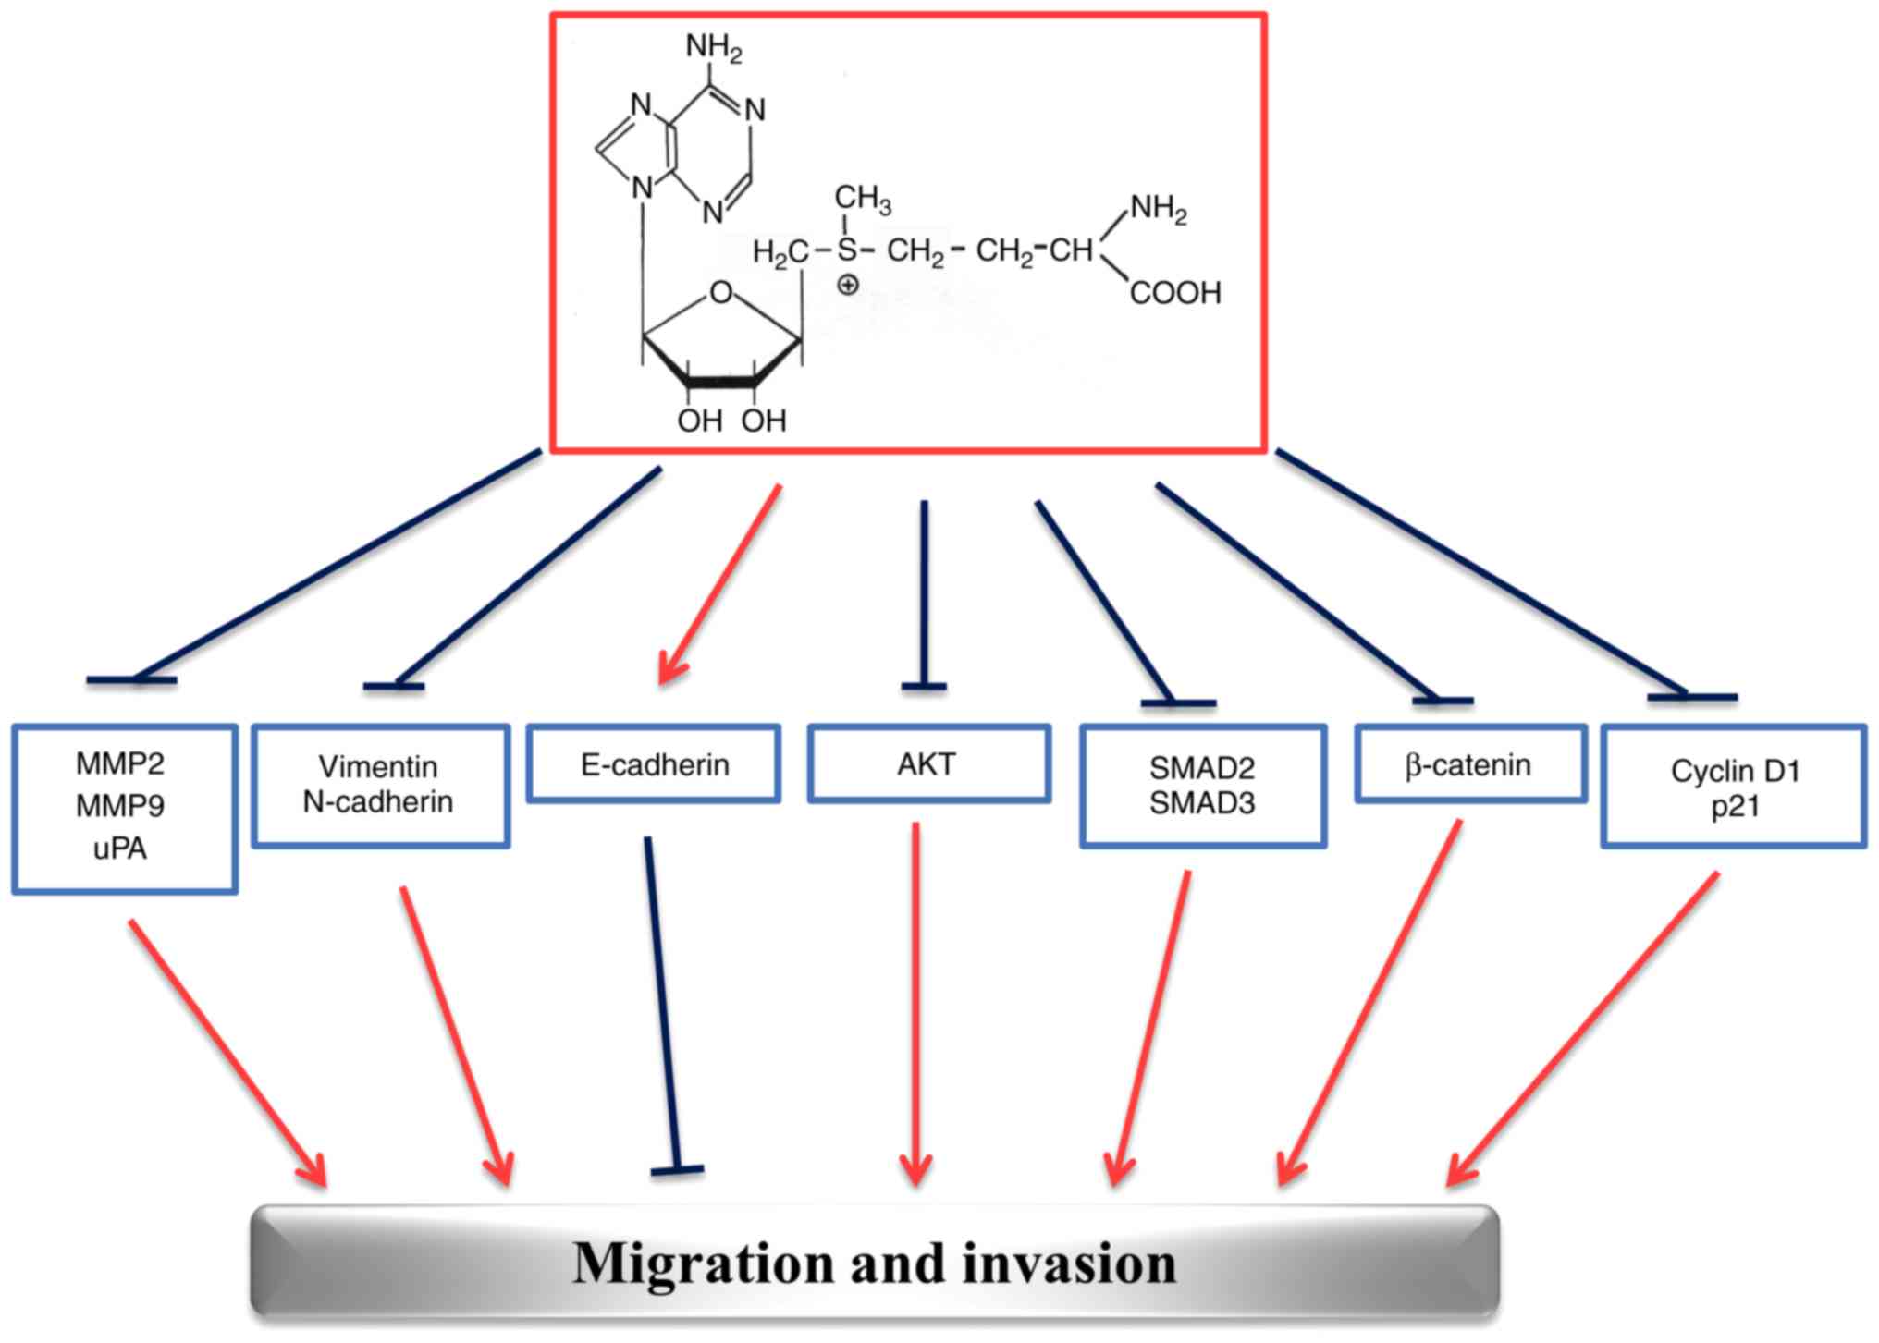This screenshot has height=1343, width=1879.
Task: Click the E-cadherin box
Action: click(654, 764)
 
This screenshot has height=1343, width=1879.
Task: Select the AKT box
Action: click(927, 764)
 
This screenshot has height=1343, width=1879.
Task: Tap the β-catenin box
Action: click(1468, 764)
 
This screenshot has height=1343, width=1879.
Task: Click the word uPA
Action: click(120, 849)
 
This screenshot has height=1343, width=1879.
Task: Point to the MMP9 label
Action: click(120, 806)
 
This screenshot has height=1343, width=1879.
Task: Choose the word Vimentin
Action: click(378, 766)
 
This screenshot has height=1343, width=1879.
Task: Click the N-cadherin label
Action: click(378, 801)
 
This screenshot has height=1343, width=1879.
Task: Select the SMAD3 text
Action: click(1202, 803)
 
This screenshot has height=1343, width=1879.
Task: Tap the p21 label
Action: click(1734, 806)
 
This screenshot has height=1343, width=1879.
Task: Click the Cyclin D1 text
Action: click(1735, 770)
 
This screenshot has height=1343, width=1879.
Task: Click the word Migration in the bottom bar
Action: click(704, 1264)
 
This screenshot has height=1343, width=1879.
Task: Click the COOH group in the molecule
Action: click(1175, 293)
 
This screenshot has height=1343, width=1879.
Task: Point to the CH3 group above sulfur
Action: click(863, 198)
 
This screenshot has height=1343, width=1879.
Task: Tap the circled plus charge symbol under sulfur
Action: click(847, 285)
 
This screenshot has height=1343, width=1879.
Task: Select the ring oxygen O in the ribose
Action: click(721, 293)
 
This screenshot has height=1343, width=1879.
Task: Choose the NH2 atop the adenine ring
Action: click(714, 46)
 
